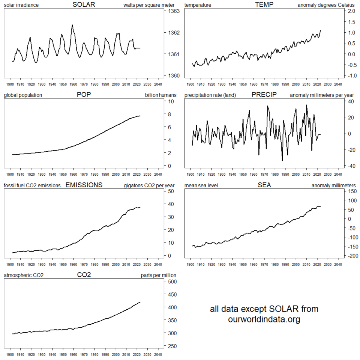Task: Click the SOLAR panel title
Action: [x=84, y=5]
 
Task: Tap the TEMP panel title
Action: [x=264, y=5]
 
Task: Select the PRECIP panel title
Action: [x=264, y=95]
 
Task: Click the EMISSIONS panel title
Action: [x=84, y=185]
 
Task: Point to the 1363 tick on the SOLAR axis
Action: [x=174, y=11]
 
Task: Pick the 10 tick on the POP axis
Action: [x=170, y=101]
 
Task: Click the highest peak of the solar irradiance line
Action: [x=72, y=25]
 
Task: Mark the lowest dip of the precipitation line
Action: [x=282, y=161]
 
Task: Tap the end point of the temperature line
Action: [x=321, y=30]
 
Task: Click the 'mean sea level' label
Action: [x=201, y=185]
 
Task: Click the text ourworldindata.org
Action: [x=264, y=319]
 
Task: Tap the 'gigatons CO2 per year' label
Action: [x=149, y=185]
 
